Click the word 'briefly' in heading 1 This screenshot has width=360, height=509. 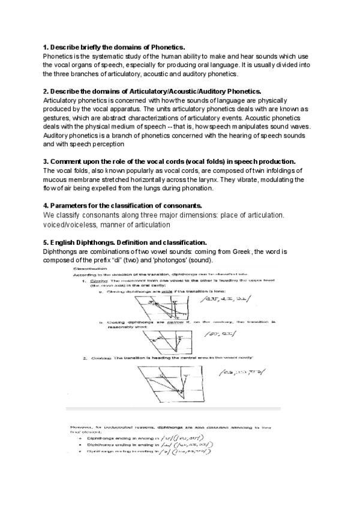coord(89,47)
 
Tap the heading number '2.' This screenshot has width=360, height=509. coord(46,91)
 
